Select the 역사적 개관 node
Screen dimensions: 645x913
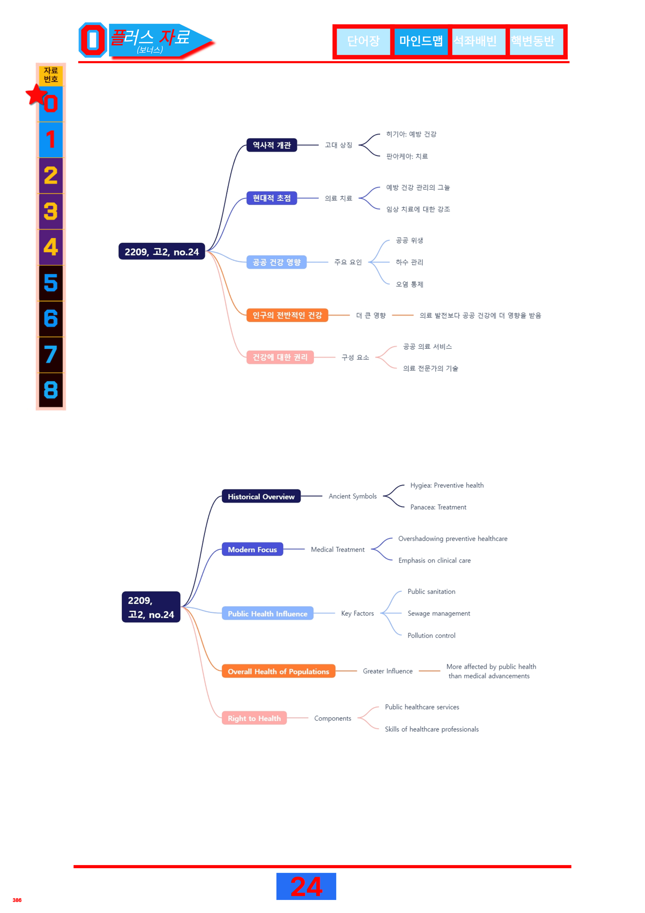point(272,145)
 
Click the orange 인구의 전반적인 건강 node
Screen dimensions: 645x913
point(287,315)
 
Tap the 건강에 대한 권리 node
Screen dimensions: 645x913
point(280,357)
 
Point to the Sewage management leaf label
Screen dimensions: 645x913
point(439,614)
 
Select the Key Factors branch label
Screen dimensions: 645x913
point(357,614)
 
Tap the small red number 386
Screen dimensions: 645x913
point(17,900)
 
